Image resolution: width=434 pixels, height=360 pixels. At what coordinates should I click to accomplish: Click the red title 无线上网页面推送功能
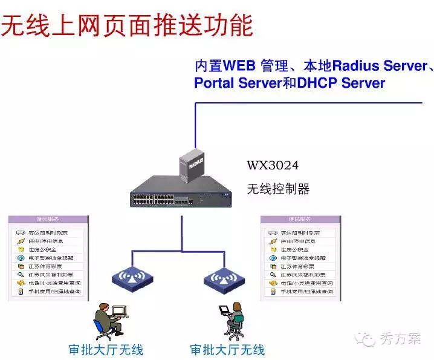127,25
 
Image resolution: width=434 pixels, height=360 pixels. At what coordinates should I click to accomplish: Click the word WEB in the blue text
241,66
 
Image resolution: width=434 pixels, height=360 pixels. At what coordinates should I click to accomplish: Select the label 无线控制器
279,189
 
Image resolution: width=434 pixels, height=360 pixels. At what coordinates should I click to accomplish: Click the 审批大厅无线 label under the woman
228,350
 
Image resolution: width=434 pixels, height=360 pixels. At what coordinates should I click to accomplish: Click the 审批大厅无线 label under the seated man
106,350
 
